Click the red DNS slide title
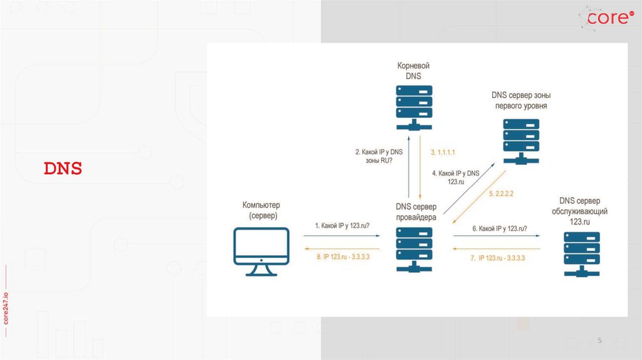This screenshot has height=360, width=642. (63, 169)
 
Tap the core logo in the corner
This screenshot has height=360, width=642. (607, 18)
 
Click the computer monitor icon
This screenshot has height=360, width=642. (261, 251)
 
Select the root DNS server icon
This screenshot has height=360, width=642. (414, 107)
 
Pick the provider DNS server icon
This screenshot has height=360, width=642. (414, 249)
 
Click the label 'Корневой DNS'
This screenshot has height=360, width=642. (414, 70)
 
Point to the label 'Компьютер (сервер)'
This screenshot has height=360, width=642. (261, 210)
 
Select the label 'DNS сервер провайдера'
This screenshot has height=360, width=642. (416, 212)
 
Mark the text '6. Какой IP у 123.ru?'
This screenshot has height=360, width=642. (500, 229)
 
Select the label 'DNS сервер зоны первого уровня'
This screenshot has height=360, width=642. (521, 100)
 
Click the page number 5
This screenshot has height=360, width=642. (599, 341)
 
